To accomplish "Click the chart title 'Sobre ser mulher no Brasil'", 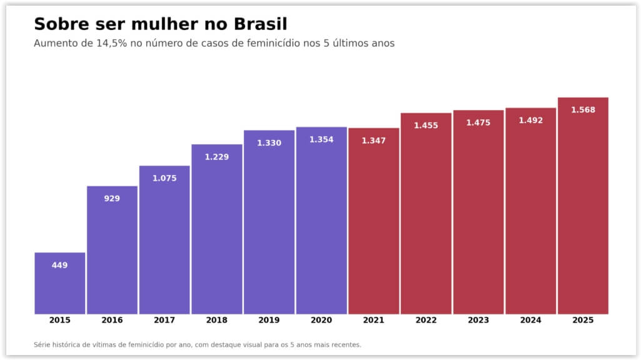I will point(160,24).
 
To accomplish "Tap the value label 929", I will point(112,198).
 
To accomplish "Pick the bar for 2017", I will point(164,244).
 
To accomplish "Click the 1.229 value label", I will point(217,157).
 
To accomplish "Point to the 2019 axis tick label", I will point(269,320).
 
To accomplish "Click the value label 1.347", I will point(374,141).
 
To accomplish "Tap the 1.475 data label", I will point(478,122).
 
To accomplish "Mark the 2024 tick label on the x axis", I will point(530,320).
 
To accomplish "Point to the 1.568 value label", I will point(583,110).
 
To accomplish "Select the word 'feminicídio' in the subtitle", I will point(276,44).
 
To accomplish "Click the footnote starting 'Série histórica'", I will point(197,344).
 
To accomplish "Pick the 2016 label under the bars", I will point(112,320).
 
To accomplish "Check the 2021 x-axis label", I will point(374,320).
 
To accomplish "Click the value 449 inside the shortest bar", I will point(60,265).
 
